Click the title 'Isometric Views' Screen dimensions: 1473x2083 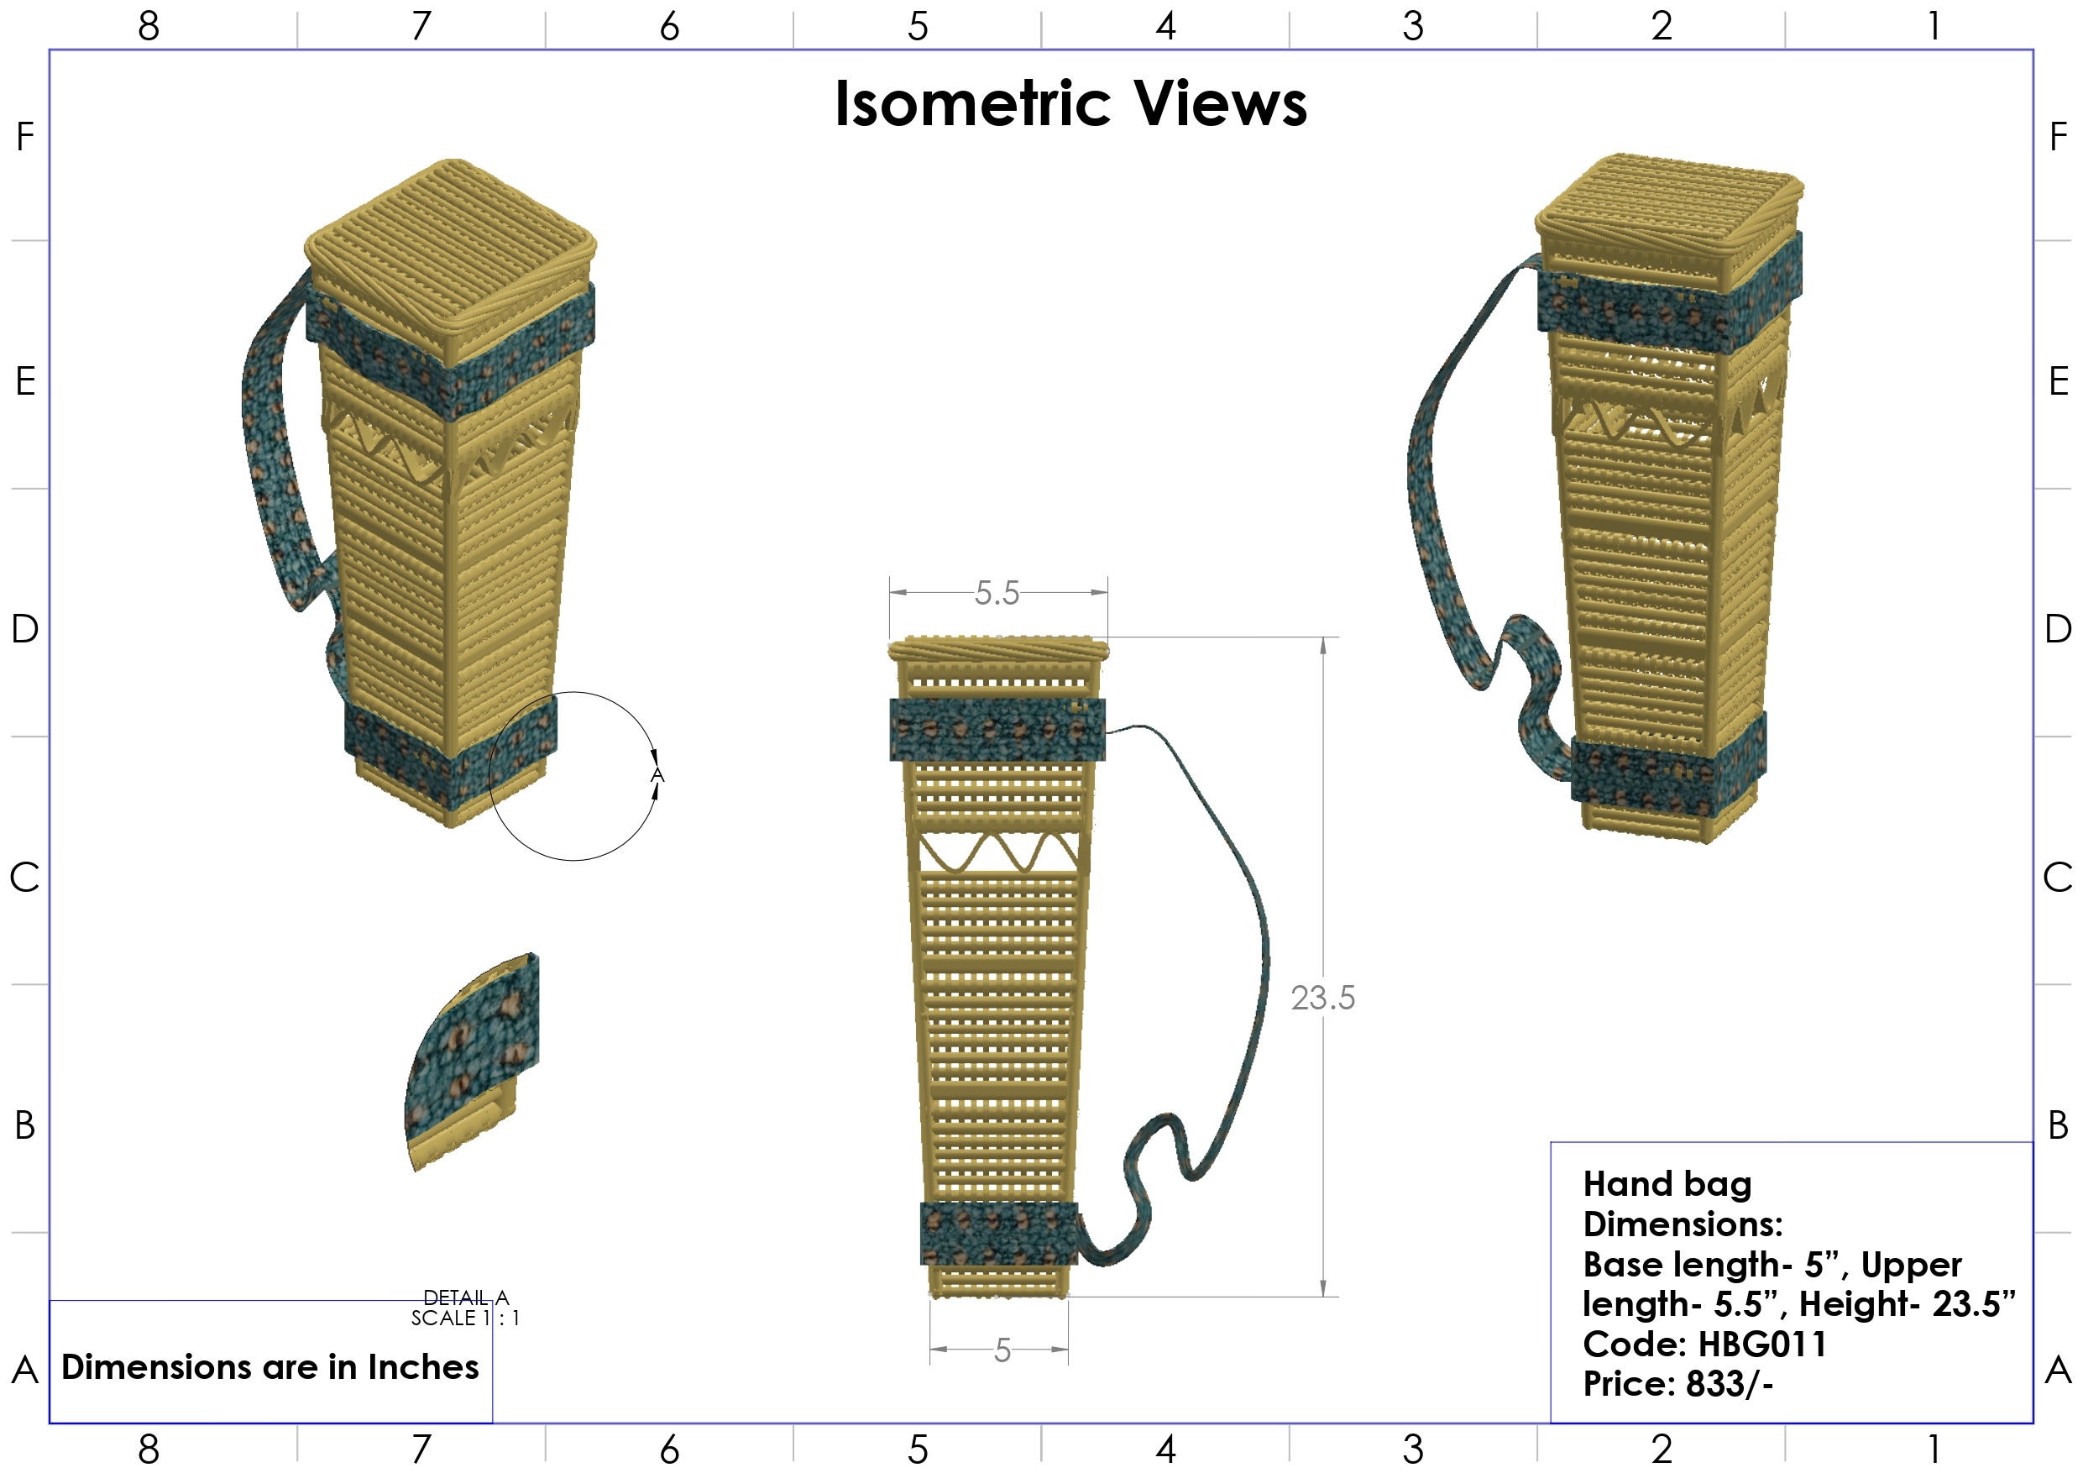pyautogui.click(x=1070, y=103)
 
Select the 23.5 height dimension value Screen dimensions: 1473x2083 pyautogui.click(x=1322, y=999)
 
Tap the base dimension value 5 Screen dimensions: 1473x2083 pyautogui.click(x=1002, y=1350)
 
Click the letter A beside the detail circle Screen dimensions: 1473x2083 pyautogui.click(x=657, y=775)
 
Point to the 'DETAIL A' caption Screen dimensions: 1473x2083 pyautogui.click(x=465, y=1297)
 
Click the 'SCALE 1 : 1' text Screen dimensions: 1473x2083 pyautogui.click(x=465, y=1318)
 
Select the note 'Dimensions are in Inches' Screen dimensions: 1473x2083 pyautogui.click(x=270, y=1367)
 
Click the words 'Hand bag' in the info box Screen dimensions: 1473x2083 pyautogui.click(x=1667, y=1184)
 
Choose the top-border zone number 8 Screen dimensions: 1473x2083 pyautogui.click(x=149, y=25)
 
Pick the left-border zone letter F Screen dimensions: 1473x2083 pyautogui.click(x=25, y=137)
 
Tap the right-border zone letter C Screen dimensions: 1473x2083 pyautogui.click(x=2058, y=878)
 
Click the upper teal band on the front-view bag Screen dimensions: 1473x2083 pyautogui.click(x=997, y=730)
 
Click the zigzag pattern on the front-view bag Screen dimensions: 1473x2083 pyautogui.click(x=998, y=853)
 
